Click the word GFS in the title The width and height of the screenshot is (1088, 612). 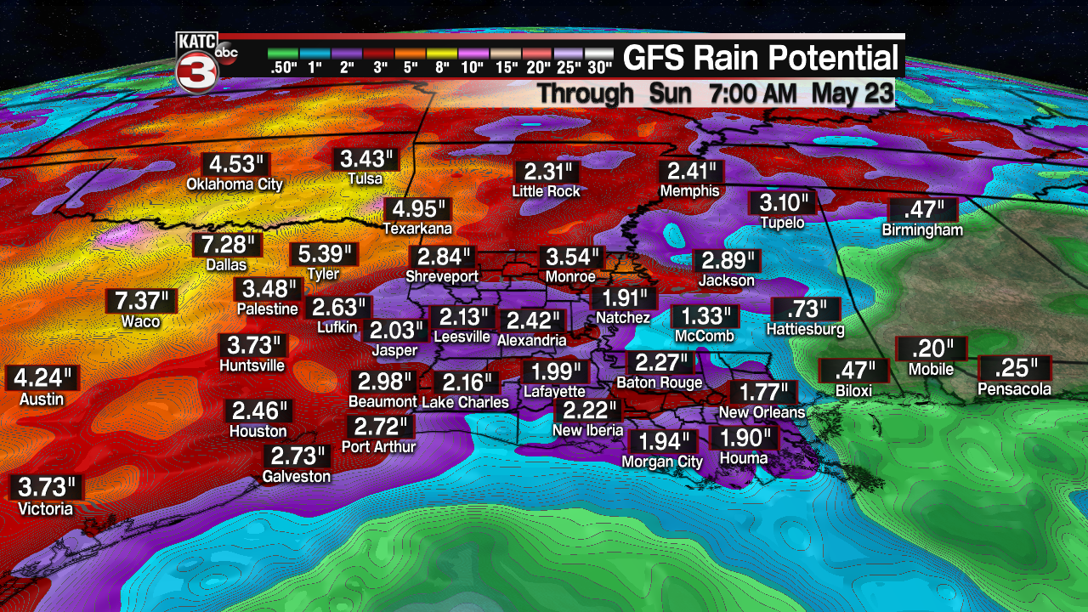pyautogui.click(x=657, y=58)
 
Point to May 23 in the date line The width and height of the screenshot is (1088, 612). pyautogui.click(x=853, y=93)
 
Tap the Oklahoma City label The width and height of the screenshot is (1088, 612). pyautogui.click(x=234, y=184)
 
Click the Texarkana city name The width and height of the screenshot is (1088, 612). pyautogui.click(x=416, y=229)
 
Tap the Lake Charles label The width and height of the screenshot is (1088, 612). pyautogui.click(x=465, y=402)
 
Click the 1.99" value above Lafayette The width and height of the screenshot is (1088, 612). pyautogui.click(x=556, y=372)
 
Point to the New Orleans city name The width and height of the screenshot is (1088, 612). pyautogui.click(x=762, y=412)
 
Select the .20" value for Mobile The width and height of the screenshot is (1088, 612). pyautogui.click(x=932, y=349)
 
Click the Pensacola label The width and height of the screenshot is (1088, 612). pyautogui.click(x=1015, y=389)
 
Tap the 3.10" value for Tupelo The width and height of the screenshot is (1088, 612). pyautogui.click(x=782, y=204)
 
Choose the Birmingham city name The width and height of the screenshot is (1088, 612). pyautogui.click(x=922, y=229)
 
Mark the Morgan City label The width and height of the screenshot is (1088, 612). pyautogui.click(x=662, y=462)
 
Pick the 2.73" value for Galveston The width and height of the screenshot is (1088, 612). pyautogui.click(x=296, y=456)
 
